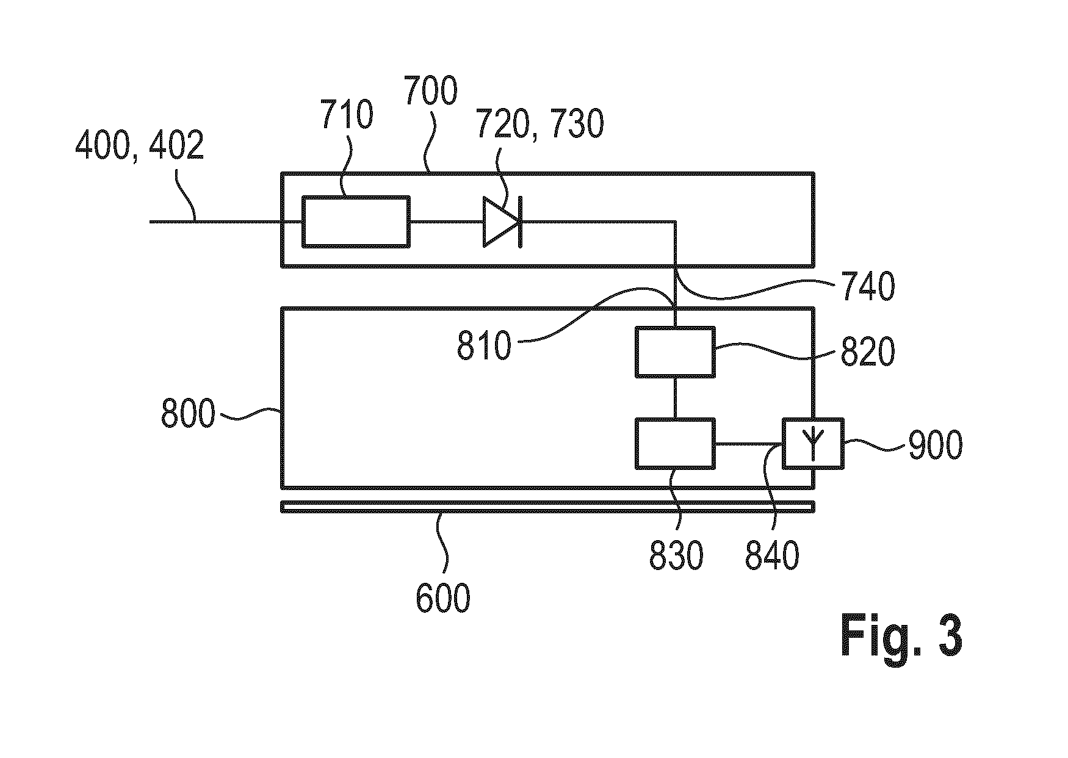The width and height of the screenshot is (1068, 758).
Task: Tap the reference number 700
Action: [431, 92]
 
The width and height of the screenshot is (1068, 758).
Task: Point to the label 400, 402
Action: [139, 147]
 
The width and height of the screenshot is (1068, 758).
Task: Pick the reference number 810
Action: [484, 347]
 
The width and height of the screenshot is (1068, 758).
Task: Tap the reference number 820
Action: [868, 352]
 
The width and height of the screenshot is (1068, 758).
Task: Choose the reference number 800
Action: [189, 414]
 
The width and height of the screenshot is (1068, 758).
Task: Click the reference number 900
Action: [935, 446]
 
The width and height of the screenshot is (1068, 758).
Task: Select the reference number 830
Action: [676, 556]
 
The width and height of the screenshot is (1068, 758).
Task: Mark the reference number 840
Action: [772, 556]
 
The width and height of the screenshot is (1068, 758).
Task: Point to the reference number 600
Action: [443, 598]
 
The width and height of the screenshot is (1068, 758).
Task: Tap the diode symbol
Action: [502, 222]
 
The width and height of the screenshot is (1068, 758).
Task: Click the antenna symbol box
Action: [813, 444]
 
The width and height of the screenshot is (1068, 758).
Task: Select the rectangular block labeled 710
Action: [356, 222]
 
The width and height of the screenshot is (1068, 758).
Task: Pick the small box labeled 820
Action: [674, 352]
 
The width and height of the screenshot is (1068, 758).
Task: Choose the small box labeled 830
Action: [674, 444]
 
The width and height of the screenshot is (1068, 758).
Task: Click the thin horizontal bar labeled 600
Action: [547, 507]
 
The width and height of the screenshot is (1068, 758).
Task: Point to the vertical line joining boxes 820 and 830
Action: [674, 398]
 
